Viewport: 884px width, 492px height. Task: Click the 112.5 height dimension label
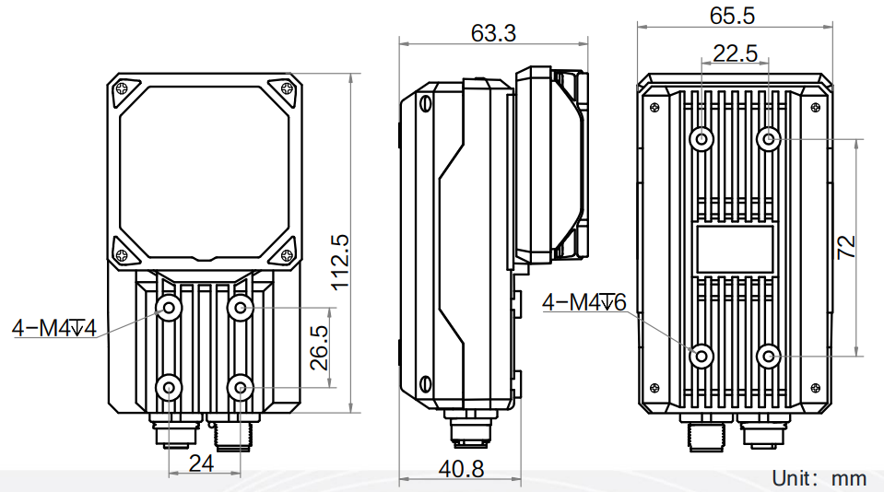coord(340,263)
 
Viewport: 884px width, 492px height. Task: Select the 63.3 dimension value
coord(493,33)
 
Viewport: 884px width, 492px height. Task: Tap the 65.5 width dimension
coord(732,16)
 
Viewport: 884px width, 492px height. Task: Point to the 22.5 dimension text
coord(736,53)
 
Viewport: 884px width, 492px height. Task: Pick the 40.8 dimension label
coord(461,468)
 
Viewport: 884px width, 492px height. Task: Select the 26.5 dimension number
coord(319,347)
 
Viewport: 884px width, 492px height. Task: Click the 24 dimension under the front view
coord(201,463)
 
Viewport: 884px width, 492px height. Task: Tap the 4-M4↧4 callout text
coord(54,327)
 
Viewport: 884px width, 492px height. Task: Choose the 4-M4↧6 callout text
coord(584,302)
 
